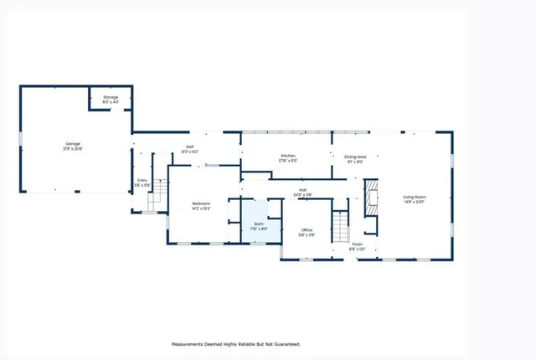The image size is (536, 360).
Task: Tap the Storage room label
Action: tap(111, 98)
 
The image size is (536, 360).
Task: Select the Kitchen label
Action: tap(287, 157)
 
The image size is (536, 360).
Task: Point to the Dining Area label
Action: tap(355, 157)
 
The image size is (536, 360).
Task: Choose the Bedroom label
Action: tap(201, 204)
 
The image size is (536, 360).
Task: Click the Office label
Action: tap(307, 230)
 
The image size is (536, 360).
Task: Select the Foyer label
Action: tap(357, 244)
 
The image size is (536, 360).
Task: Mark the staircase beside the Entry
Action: tap(153, 201)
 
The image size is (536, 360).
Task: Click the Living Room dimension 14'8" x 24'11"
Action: tap(414, 202)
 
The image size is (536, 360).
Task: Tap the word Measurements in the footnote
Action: tap(193, 344)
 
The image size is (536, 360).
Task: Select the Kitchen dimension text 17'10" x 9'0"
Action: tap(287, 162)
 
